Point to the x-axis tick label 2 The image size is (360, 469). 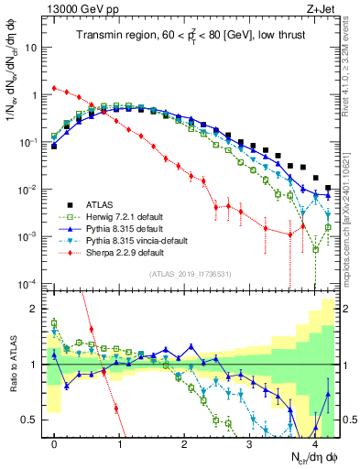(185, 442)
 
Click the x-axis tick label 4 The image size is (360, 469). (315, 442)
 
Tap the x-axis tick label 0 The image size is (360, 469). (55, 442)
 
